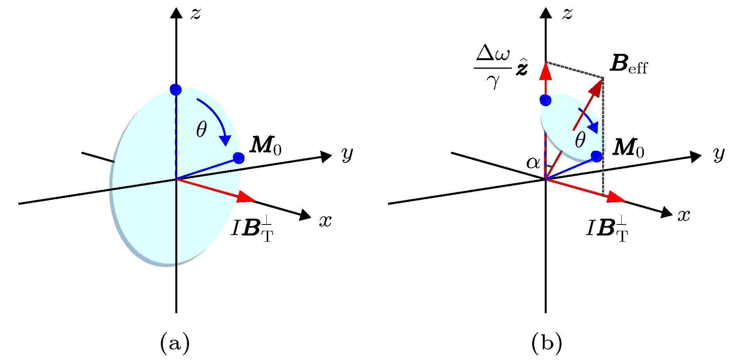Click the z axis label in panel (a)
[x=195, y=14]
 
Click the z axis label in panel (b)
[x=567, y=14]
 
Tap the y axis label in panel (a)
[x=347, y=155]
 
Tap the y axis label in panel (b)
[x=719, y=155]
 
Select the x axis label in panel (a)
[x=325, y=221]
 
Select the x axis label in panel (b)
[x=684, y=215]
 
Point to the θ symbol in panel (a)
[x=201, y=129]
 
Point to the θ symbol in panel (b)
[x=580, y=140]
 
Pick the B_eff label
[x=628, y=64]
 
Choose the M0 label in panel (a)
[x=266, y=146]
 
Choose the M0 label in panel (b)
[x=628, y=148]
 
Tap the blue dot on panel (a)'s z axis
[x=176, y=90]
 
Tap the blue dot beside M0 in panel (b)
[x=596, y=157]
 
